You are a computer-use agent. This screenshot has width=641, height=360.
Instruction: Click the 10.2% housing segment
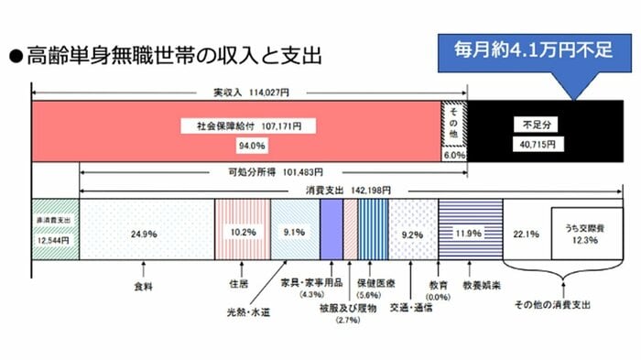point(242,232)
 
